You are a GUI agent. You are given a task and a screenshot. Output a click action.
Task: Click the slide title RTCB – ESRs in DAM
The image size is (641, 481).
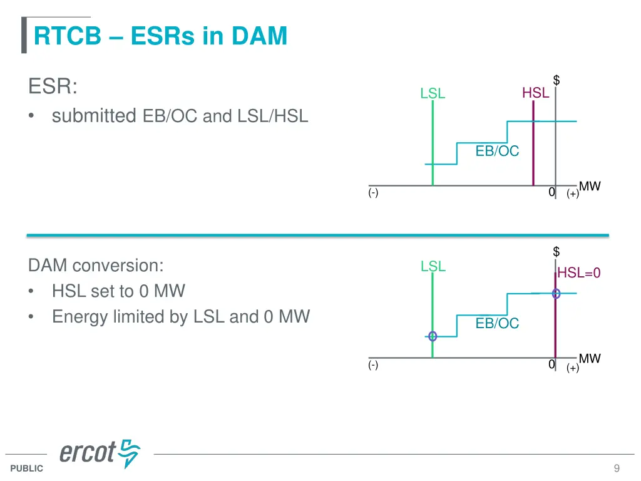pos(160,36)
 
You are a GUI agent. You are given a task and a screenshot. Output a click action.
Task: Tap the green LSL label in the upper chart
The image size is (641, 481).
pos(433,93)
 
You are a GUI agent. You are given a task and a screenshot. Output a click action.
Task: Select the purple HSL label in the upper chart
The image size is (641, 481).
pos(535,93)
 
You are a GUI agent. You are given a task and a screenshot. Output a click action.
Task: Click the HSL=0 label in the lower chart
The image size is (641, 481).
pos(579,272)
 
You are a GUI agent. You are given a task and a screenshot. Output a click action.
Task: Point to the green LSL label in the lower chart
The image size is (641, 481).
pos(433,266)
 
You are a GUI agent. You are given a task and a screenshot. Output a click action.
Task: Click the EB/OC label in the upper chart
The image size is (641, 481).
pos(497,151)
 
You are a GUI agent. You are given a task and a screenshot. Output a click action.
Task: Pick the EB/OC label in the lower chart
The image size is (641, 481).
pos(497,323)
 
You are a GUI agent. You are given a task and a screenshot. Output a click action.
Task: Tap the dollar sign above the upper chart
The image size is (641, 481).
pos(556,80)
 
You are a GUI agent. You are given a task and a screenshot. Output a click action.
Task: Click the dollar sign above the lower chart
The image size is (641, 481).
pos(556,252)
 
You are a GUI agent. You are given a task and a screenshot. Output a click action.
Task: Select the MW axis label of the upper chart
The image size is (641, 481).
pos(590,186)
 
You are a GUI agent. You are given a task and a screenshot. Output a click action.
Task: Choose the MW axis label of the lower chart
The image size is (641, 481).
pos(590,358)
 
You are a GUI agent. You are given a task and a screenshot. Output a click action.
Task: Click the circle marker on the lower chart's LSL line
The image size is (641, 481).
pos(433,336)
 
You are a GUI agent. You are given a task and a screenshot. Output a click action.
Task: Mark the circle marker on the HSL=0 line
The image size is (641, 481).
pos(556,293)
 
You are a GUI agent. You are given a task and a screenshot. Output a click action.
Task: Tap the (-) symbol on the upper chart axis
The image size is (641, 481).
pos(373,193)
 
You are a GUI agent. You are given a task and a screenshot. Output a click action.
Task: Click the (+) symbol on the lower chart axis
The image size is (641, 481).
pos(573,368)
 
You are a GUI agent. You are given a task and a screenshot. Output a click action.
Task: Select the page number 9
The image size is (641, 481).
pos(617,468)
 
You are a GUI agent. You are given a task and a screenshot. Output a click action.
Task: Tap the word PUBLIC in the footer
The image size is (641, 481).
pos(27,468)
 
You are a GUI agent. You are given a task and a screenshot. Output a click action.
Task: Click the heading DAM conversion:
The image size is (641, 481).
pos(96,266)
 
